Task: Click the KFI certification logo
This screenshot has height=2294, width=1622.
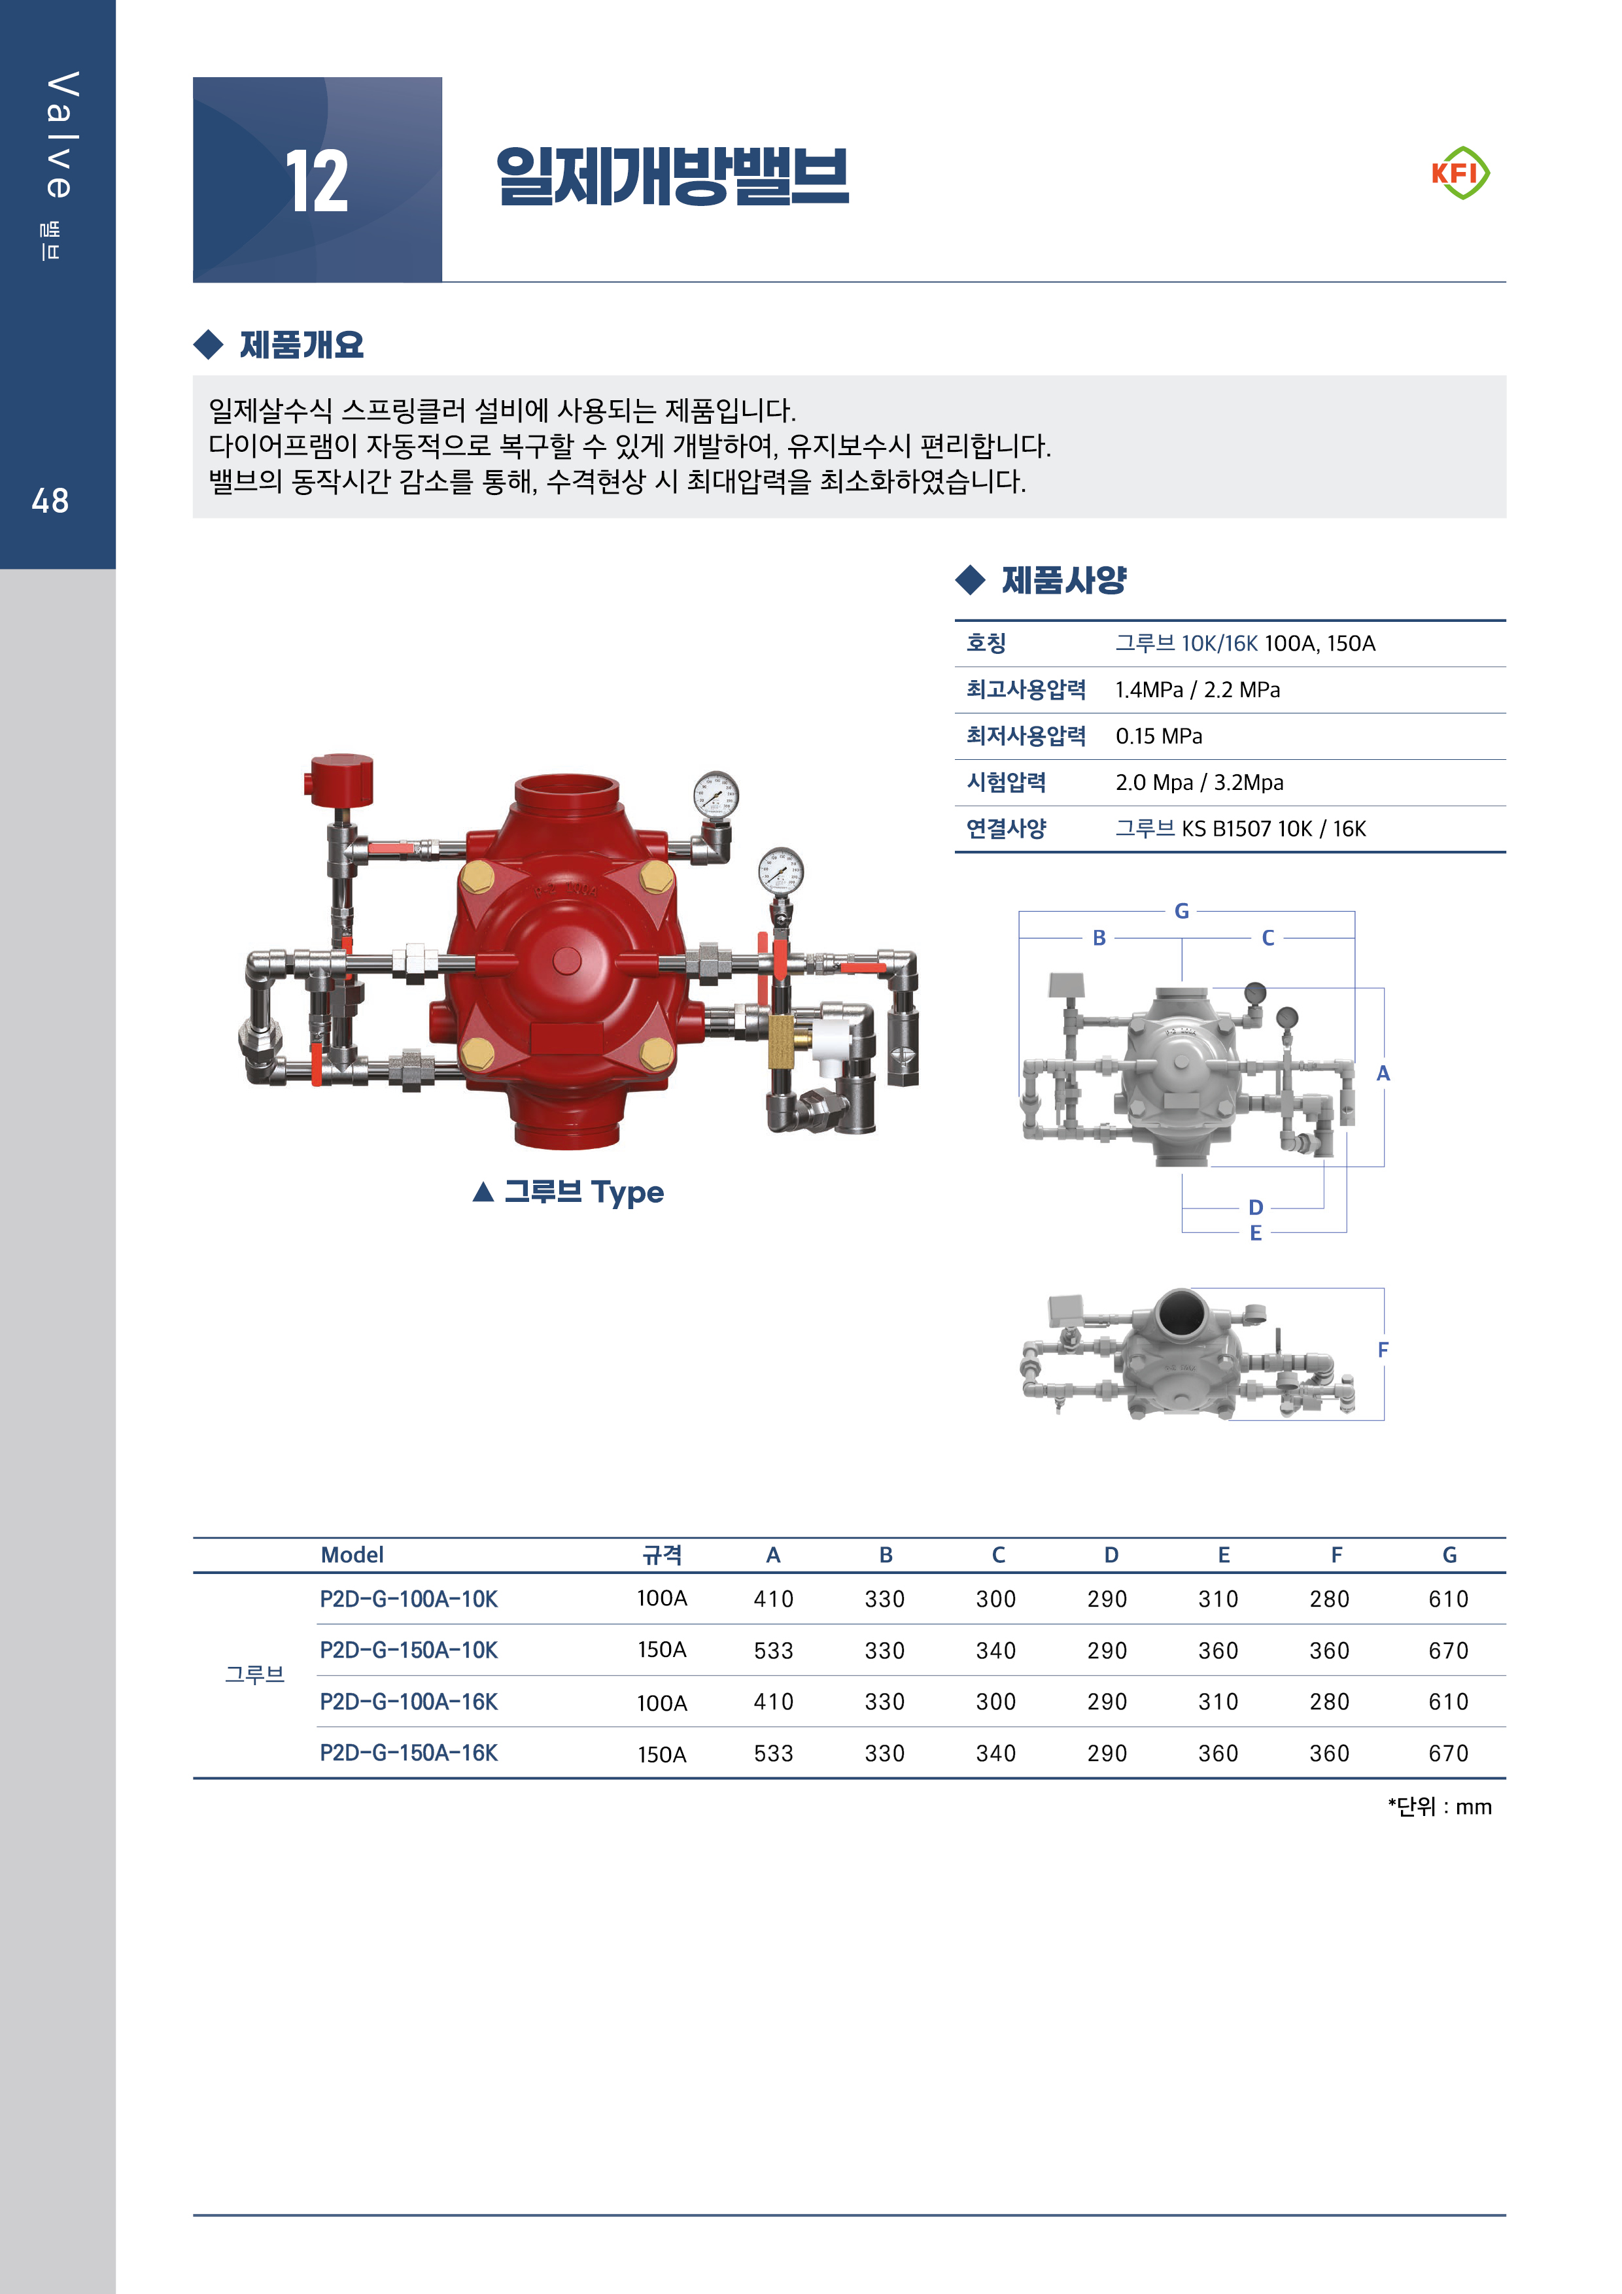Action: pos(1460,173)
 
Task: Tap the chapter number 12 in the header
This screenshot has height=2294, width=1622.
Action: pos(317,181)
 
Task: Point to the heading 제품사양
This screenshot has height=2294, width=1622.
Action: pos(1063,579)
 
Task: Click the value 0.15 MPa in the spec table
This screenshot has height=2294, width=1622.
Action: pos(1158,736)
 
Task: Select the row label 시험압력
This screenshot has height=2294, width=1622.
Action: pos(1005,782)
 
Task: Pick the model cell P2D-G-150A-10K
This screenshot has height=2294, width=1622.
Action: pos(409,1650)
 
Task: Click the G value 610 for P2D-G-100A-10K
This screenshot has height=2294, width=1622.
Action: pos(1448,1599)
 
